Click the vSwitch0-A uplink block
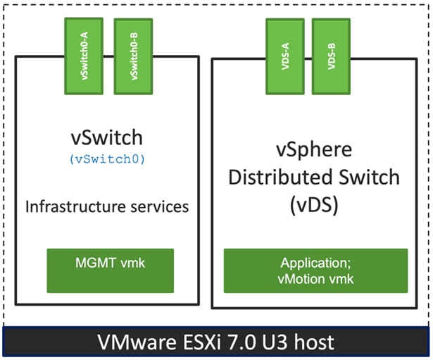84,56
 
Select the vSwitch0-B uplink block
133,56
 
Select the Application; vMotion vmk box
315,270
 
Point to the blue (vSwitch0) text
107,159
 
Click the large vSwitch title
107,135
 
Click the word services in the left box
156,207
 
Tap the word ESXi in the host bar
206,343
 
